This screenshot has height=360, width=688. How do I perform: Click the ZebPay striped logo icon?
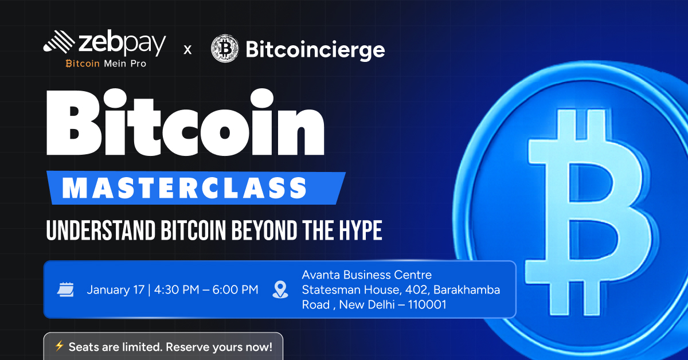coord(58,42)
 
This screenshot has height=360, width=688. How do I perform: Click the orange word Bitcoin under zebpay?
coord(83,64)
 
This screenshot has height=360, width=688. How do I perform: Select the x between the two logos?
coord(187,50)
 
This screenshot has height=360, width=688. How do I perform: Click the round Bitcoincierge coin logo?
coord(225,49)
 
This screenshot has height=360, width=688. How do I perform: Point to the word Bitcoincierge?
coord(315,50)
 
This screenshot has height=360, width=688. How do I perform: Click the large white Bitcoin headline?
coord(185,122)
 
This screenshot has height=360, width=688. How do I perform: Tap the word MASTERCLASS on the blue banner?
coord(184,187)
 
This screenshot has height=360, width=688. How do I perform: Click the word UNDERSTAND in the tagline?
coord(101,230)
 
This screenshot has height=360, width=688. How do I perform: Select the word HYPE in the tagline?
coord(361,230)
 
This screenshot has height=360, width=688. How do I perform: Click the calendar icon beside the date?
coord(65,289)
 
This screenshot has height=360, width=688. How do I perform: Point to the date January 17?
coord(115,290)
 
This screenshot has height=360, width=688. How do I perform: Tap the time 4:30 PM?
coord(177,289)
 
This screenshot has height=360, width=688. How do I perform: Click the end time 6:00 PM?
coord(235,289)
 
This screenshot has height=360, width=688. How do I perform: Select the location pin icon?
coord(280,289)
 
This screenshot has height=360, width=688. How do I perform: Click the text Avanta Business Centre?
coord(367,275)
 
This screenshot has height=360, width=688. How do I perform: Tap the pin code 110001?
coord(427,305)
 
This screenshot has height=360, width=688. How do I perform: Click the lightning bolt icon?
coord(59,346)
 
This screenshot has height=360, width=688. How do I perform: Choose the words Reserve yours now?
coord(219,347)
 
